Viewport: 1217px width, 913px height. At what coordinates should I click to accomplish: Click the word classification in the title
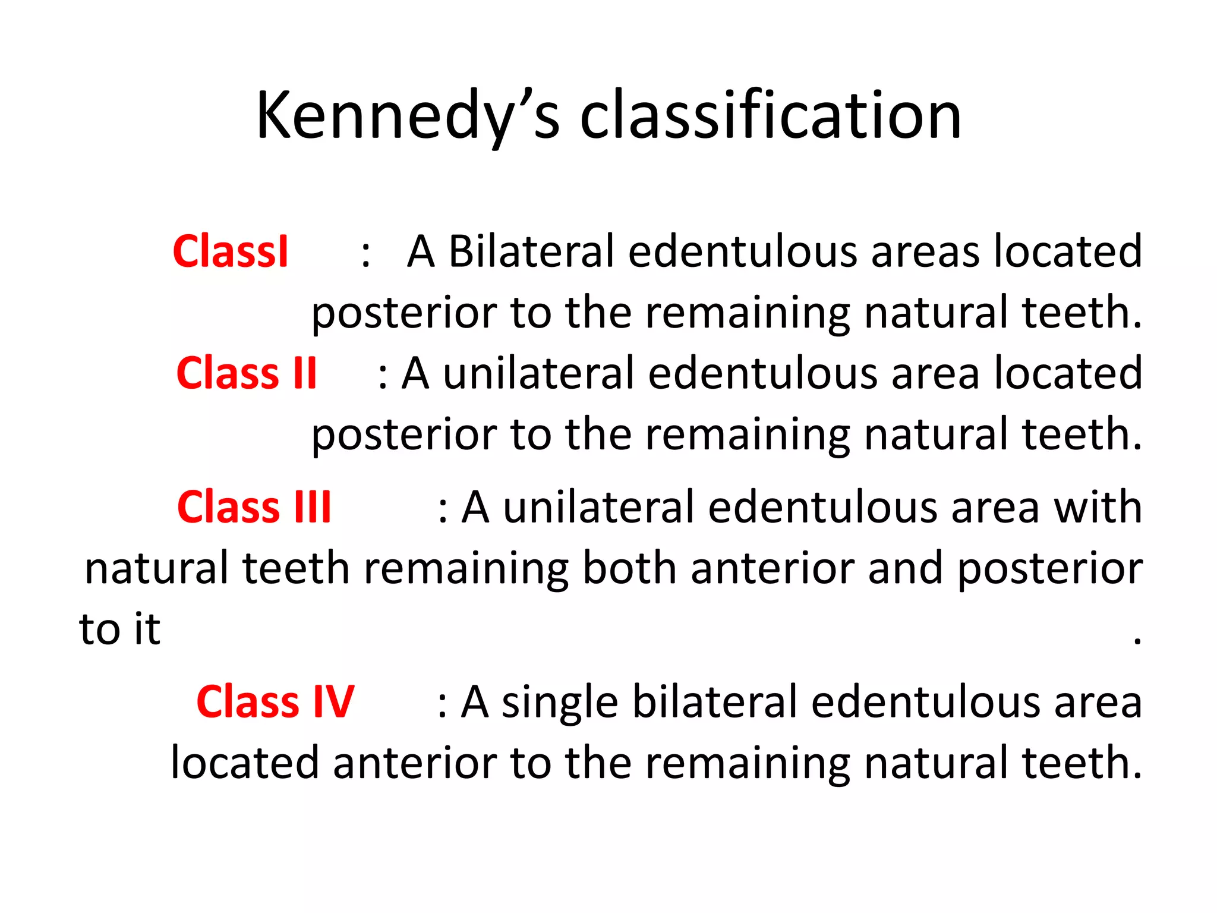click(x=770, y=116)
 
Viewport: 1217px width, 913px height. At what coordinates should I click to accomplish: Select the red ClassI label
click(x=231, y=251)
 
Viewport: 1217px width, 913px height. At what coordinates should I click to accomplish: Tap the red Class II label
click(x=247, y=373)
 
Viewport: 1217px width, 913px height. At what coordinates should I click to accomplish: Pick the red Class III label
click(x=254, y=508)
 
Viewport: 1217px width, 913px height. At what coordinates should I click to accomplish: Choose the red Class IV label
click(x=275, y=702)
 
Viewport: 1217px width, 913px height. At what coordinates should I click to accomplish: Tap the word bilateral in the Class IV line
click(x=714, y=702)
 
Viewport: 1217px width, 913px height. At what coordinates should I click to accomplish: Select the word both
click(x=629, y=568)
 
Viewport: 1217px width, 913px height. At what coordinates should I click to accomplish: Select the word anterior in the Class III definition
click(x=772, y=568)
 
